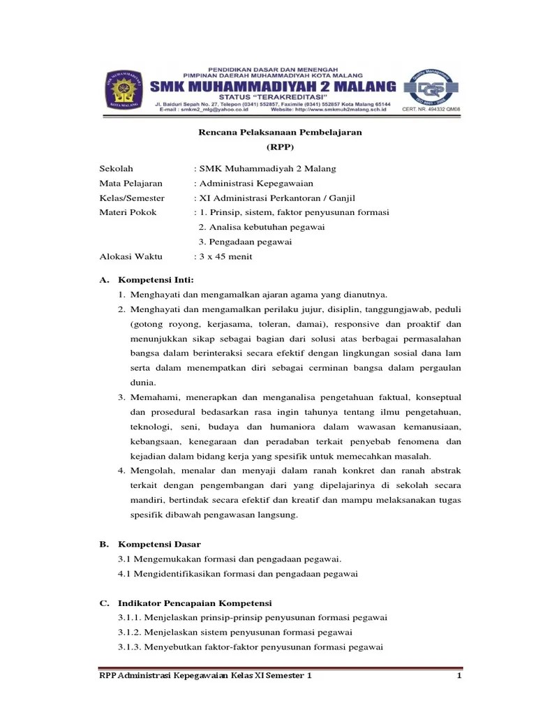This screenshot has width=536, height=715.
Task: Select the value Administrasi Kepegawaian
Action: coord(256,184)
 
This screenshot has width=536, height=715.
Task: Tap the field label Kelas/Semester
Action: coord(132,198)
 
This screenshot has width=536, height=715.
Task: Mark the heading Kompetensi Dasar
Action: coord(160,543)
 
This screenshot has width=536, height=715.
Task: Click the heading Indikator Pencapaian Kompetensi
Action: coord(195,603)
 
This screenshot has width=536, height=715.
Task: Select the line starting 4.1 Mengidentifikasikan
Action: coord(238,573)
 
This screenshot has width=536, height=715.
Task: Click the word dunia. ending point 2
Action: coord(143,383)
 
